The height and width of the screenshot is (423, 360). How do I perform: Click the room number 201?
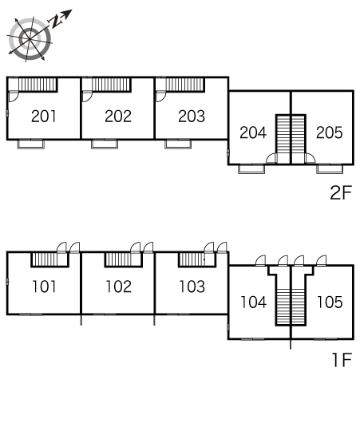click(x=44, y=117)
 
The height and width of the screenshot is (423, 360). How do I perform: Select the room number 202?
click(x=118, y=117)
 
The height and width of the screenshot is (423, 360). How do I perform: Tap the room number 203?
click(x=192, y=117)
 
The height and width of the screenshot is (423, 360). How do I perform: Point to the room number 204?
click(x=253, y=132)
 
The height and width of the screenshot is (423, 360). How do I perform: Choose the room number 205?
click(x=330, y=132)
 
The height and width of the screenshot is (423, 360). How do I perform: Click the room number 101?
click(x=44, y=287)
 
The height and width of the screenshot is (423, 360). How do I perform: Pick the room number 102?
click(x=118, y=287)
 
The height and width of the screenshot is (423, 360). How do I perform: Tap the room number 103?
click(x=192, y=287)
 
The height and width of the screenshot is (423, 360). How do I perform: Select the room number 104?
click(x=253, y=302)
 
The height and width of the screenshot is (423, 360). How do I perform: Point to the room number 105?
click(x=330, y=302)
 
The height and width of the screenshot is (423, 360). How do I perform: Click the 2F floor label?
click(x=341, y=192)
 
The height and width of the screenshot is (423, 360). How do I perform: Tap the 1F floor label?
click(x=342, y=360)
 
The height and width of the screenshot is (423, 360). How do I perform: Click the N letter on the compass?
click(x=56, y=21)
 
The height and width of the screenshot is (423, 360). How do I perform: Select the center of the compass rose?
click(x=30, y=39)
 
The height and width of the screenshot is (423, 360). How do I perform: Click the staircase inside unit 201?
click(x=38, y=85)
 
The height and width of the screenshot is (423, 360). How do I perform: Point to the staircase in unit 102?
click(x=118, y=259)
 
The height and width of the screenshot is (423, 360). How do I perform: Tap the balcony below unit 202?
click(x=105, y=144)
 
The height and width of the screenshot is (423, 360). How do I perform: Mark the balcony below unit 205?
click(x=330, y=169)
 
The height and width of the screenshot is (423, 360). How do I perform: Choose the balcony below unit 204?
click(x=251, y=169)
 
